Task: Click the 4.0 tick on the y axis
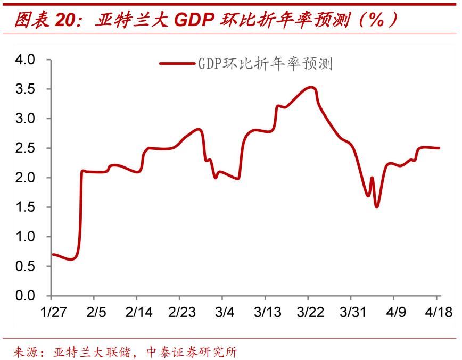pyautogui.click(x=26, y=60)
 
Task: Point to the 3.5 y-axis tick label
pyautogui.click(x=26, y=89)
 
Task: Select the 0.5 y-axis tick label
pyautogui.click(x=26, y=266)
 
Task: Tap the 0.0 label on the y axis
pyautogui.click(x=26, y=295)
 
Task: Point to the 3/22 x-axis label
pyautogui.click(x=308, y=312)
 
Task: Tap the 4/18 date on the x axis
pyautogui.click(x=437, y=312)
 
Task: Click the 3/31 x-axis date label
pyautogui.click(x=351, y=312)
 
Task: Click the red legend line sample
pyautogui.click(x=177, y=64)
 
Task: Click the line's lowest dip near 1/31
pyautogui.click(x=71, y=259)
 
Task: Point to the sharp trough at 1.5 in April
pyautogui.click(x=377, y=207)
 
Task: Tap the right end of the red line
pyautogui.click(x=439, y=148)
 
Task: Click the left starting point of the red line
pyautogui.click(x=53, y=254)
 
